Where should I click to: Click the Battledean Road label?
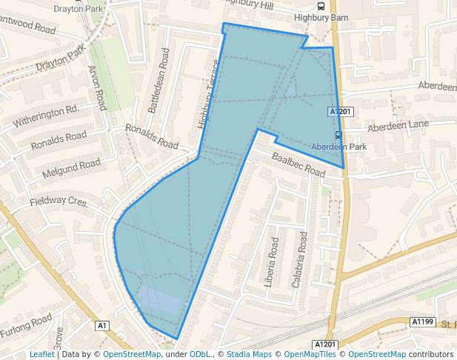[x=159, y=81]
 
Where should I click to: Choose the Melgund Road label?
[x=71, y=167]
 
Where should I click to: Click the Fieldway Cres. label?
[x=59, y=201]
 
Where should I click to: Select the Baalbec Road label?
[x=298, y=164]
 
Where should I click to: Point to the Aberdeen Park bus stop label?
[x=338, y=147]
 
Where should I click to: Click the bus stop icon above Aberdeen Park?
[x=338, y=135]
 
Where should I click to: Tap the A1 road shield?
[x=103, y=325]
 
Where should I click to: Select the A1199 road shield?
[x=421, y=321]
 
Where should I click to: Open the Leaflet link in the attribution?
[x=41, y=354]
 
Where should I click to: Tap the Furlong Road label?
[x=26, y=325]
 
